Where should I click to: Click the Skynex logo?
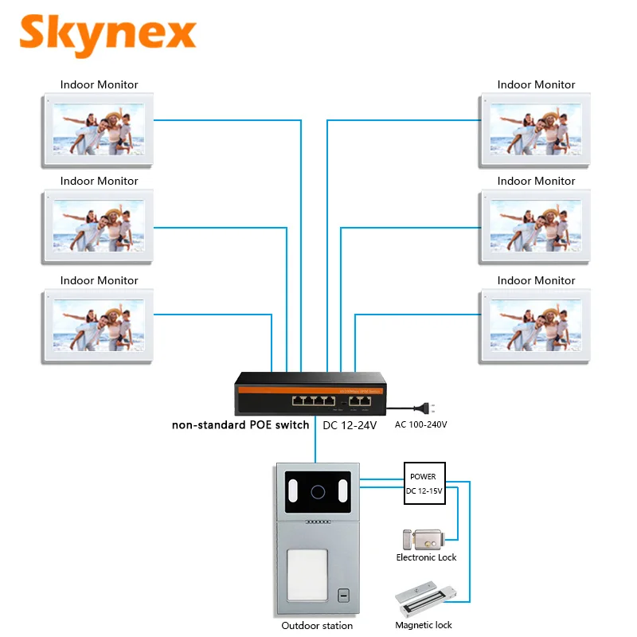coord(107,33)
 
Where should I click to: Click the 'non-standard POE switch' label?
coord(240,425)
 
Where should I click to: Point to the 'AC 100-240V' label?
coord(420,424)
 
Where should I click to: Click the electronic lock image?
coord(425,540)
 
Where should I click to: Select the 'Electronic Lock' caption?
coord(426,557)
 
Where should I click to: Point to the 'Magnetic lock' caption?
coord(423,625)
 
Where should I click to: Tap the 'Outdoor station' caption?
coord(317,625)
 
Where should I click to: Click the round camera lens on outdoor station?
coord(318,490)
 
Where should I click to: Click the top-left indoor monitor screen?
coord(100,130)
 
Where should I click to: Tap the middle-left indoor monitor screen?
coord(100,226)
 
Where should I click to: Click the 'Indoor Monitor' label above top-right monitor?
coord(536,84)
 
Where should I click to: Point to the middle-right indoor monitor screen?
coord(536,226)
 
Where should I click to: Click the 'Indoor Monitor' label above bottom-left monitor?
coord(100,280)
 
